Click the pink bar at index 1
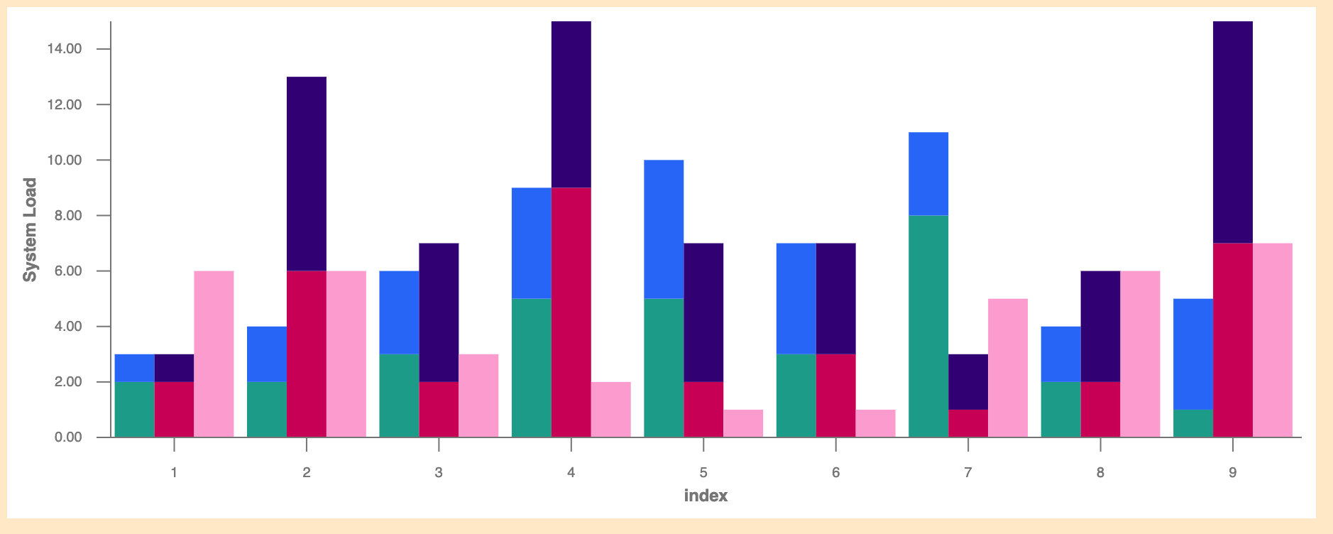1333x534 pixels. click(214, 354)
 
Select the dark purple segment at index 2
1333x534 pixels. click(307, 173)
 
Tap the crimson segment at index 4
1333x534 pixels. click(571, 312)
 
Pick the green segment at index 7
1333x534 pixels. click(928, 326)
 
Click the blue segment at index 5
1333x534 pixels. click(664, 229)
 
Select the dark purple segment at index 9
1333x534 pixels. click(1233, 132)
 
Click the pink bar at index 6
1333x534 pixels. click(875, 423)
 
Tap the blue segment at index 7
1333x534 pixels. click(928, 174)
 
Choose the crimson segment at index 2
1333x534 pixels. click(307, 354)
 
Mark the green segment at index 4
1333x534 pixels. click(532, 367)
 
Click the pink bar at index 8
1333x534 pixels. click(1140, 354)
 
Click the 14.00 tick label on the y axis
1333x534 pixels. click(65, 49)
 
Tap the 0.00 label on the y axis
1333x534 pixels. click(67, 437)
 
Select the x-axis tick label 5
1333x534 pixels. click(703, 472)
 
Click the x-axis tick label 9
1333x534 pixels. click(1233, 472)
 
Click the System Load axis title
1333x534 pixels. click(30, 229)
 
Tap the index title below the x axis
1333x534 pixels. click(706, 496)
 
